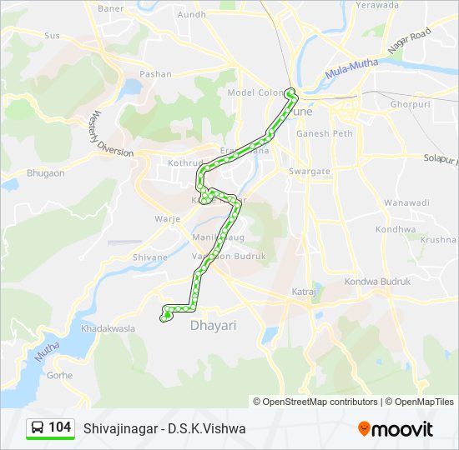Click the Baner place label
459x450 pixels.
(110, 8)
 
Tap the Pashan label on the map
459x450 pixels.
(155, 74)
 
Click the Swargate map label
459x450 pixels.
(310, 171)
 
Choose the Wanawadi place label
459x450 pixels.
(407, 202)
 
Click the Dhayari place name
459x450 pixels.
(214, 325)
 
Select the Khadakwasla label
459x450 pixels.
(108, 329)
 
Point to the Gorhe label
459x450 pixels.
(60, 375)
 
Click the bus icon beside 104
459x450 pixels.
(38, 428)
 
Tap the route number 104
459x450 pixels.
(59, 427)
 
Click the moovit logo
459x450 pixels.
(396, 429)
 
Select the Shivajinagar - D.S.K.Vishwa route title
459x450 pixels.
(164, 428)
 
